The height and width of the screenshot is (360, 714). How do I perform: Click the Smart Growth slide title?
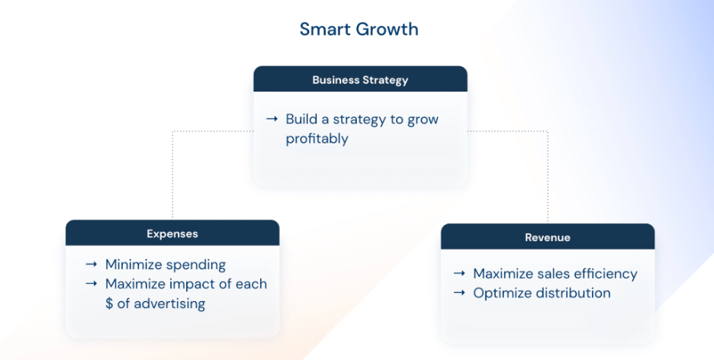(359, 29)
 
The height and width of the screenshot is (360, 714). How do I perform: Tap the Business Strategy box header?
(360, 79)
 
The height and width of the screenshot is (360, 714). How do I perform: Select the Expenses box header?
(172, 233)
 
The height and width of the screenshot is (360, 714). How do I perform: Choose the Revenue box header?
(548, 236)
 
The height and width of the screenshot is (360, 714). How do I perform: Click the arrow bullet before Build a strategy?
(272, 119)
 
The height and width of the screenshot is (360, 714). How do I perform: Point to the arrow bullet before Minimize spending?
(91, 264)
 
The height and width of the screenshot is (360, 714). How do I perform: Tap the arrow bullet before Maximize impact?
(91, 283)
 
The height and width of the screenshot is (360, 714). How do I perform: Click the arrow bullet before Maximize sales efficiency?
(459, 273)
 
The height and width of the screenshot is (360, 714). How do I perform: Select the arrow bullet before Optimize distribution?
(459, 292)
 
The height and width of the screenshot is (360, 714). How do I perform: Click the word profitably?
(317, 139)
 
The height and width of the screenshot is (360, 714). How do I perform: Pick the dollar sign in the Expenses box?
(109, 303)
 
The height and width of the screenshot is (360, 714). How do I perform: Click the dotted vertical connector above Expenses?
(172, 175)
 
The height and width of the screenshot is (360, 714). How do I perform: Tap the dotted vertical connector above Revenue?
(548, 177)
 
